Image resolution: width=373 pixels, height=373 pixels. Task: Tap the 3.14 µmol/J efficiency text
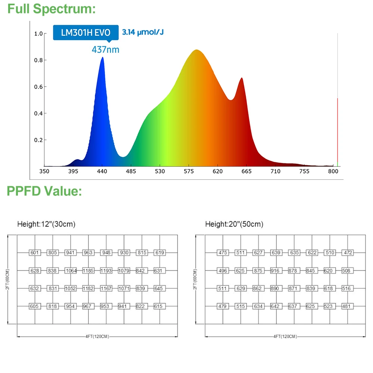point(143,32)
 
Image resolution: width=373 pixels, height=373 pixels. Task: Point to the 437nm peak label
point(106,49)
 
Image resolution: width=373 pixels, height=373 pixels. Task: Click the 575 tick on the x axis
point(189,171)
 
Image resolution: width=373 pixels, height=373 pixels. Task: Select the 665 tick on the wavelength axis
point(247,171)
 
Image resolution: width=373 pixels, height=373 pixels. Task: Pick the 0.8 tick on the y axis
point(38,60)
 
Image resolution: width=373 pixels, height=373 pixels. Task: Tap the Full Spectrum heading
point(51,9)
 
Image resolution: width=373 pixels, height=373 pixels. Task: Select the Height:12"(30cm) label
point(46,224)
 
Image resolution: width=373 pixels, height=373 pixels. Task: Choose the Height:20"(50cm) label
point(234,224)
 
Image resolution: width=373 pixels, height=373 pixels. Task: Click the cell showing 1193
point(106,270)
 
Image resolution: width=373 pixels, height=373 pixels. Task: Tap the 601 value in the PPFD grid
point(35,253)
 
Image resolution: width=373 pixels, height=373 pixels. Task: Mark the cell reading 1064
point(70,270)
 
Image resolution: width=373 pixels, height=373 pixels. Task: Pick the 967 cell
point(88,306)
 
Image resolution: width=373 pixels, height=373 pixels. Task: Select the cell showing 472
point(348,253)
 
